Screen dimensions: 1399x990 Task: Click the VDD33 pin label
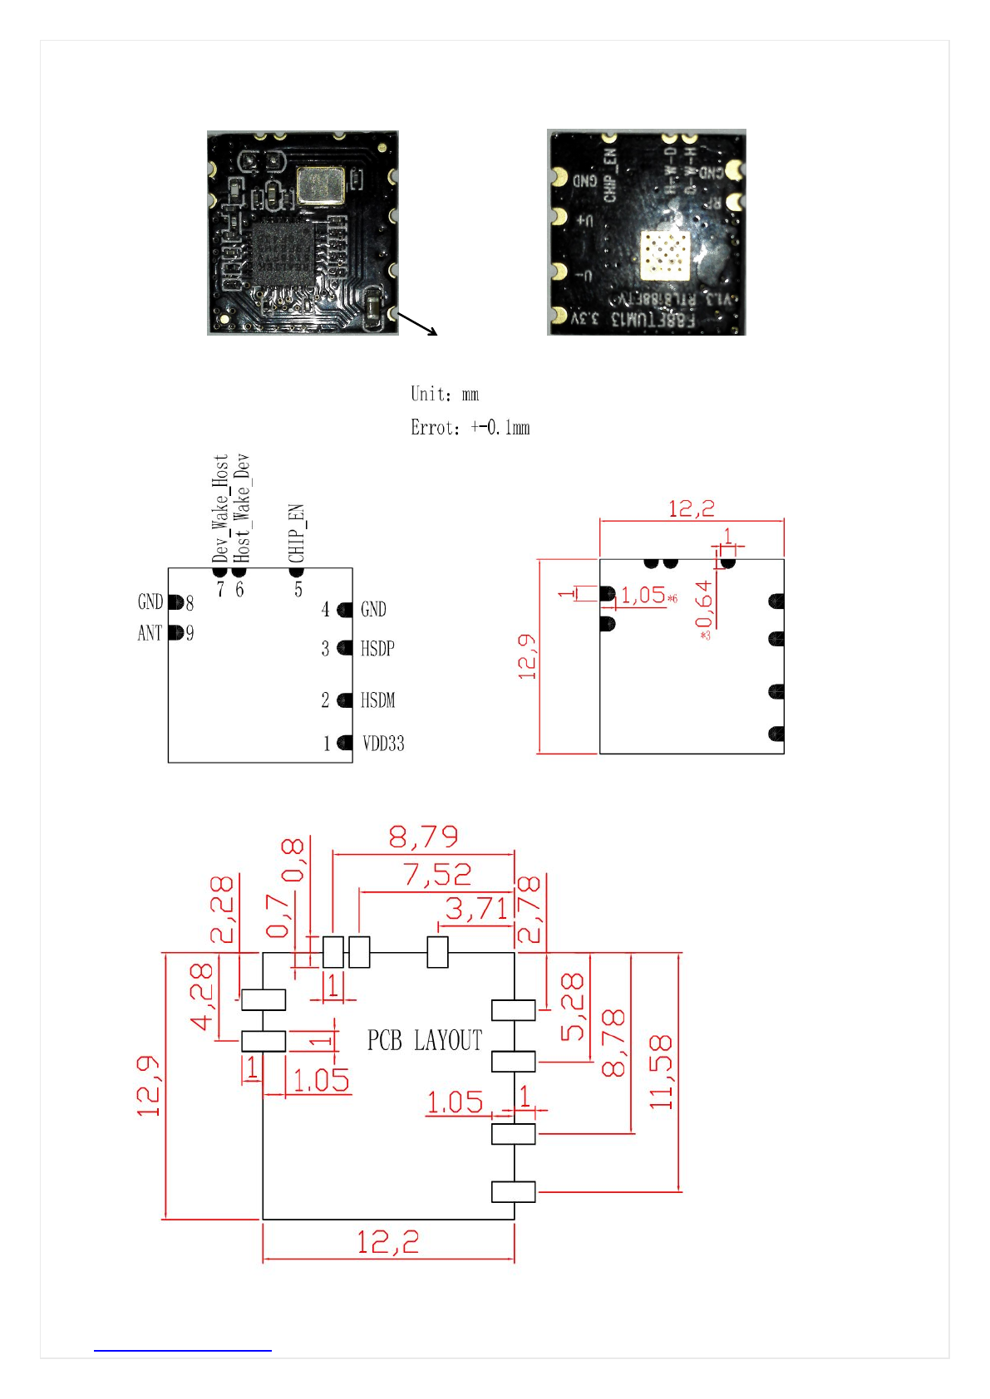point(383,744)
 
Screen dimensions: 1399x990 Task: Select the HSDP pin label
point(377,649)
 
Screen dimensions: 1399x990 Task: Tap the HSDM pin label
point(377,700)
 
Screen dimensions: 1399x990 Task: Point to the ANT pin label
point(150,633)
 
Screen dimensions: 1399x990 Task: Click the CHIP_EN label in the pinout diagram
point(297,533)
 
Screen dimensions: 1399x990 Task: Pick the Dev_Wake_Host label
point(220,508)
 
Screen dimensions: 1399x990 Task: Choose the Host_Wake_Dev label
point(241,508)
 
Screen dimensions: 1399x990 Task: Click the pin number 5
point(298,590)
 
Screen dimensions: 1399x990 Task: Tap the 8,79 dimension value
point(423,837)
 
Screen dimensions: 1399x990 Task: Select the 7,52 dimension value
point(437,875)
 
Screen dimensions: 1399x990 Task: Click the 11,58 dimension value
point(661,1072)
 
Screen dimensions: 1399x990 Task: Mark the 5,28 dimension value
point(573,1008)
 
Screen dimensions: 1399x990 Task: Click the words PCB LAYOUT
point(425,1040)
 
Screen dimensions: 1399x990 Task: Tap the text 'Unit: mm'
point(445,394)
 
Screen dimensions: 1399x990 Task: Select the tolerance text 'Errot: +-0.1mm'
point(470,428)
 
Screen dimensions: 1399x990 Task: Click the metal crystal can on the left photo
point(320,185)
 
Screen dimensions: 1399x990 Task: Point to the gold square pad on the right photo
point(663,253)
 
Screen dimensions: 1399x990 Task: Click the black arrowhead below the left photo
point(431,332)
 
